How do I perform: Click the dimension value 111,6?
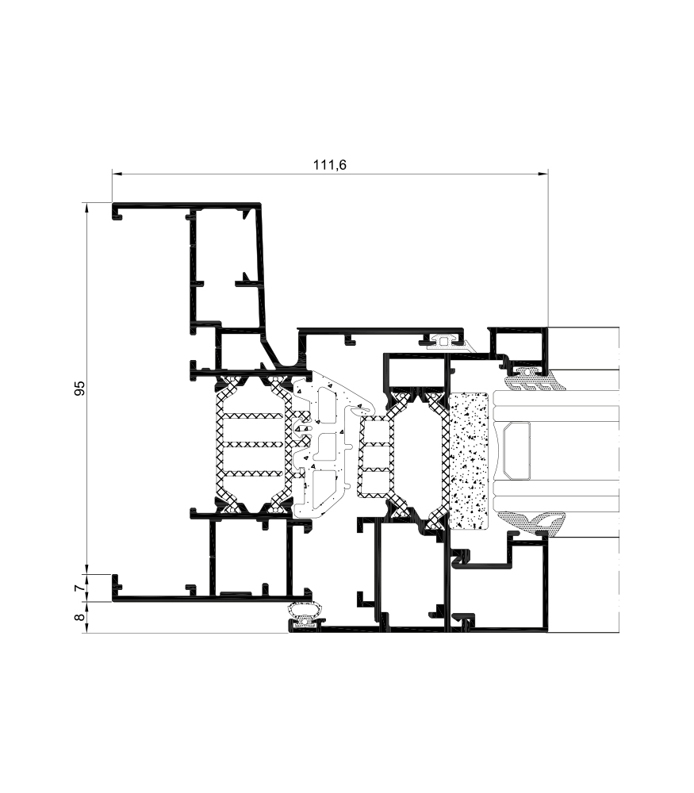pos(330,165)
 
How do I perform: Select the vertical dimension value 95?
pos(80,388)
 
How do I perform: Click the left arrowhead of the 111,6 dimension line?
pos(117,174)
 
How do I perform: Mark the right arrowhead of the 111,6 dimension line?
pos(543,174)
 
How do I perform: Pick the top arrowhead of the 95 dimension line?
pos(87,208)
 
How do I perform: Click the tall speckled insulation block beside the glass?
pos(469,461)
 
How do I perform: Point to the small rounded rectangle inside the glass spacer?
pos(516,450)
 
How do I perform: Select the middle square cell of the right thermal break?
pos(376,458)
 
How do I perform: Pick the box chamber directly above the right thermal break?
pos(414,372)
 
